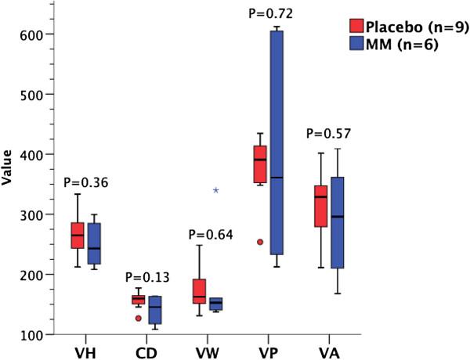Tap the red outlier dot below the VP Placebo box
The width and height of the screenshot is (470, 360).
tap(259, 242)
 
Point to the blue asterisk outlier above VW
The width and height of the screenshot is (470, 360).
tap(216, 191)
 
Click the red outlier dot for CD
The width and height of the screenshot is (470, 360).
tap(116, 319)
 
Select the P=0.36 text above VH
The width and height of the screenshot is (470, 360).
tap(85, 183)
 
